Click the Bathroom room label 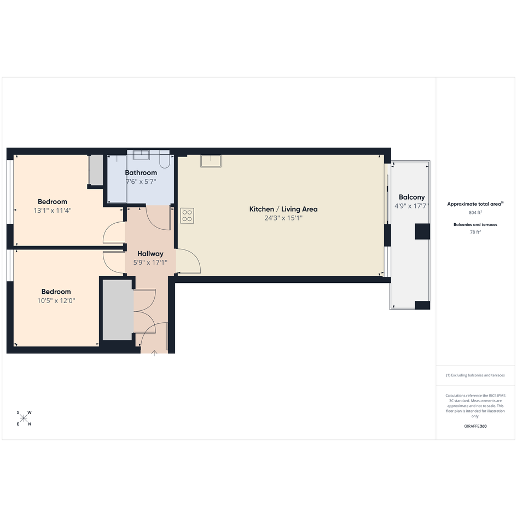[x=141, y=173]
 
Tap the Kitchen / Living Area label [x=283, y=209]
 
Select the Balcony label [x=411, y=197]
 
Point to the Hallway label [x=150, y=254]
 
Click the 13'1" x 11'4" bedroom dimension [x=53, y=211]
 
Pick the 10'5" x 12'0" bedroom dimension [x=56, y=300]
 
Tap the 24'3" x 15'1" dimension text [x=283, y=218]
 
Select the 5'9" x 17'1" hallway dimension [x=150, y=263]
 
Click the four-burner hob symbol [x=187, y=216]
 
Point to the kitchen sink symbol [x=211, y=161]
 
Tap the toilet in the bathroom [x=165, y=161]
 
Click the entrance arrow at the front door [x=154, y=353]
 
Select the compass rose [x=24, y=419]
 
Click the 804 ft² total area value [x=475, y=212]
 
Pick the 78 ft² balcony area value [x=475, y=232]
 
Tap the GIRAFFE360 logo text [x=475, y=426]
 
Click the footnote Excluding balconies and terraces [x=475, y=375]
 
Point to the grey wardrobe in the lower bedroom [x=118, y=310]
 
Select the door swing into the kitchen [x=188, y=261]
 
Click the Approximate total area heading [x=475, y=204]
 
